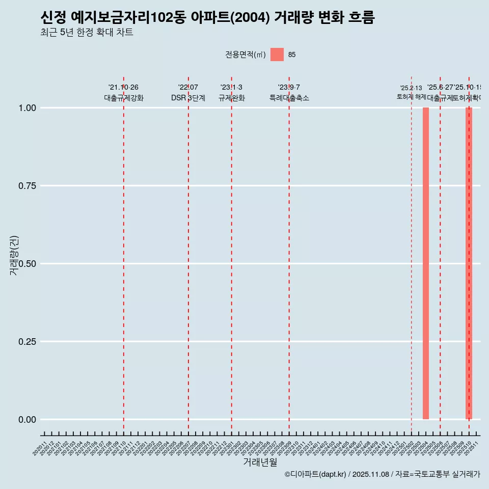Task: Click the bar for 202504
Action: [x=426, y=263]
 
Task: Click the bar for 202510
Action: [x=469, y=263]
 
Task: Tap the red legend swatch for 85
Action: [x=277, y=55]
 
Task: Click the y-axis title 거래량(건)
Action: [x=14, y=255]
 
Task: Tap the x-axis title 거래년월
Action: [x=260, y=462]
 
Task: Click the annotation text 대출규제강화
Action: [x=124, y=98]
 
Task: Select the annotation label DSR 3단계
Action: [x=188, y=98]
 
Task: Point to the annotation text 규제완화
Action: [x=232, y=98]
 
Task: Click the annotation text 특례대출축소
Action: [x=289, y=98]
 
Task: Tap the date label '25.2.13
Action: [x=411, y=88]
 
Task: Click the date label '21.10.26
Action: [x=123, y=88]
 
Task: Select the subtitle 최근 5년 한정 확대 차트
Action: [x=87, y=33]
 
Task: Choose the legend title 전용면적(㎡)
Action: [x=246, y=55]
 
